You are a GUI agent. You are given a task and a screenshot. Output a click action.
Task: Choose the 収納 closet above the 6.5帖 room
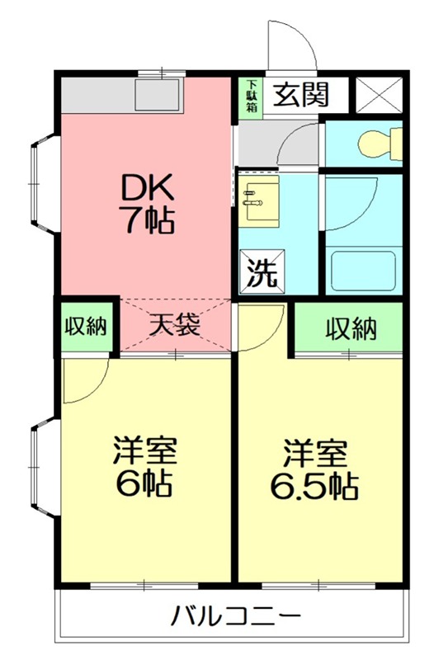[x=349, y=328]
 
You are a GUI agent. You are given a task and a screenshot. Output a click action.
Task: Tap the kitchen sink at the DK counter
[x=159, y=95]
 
